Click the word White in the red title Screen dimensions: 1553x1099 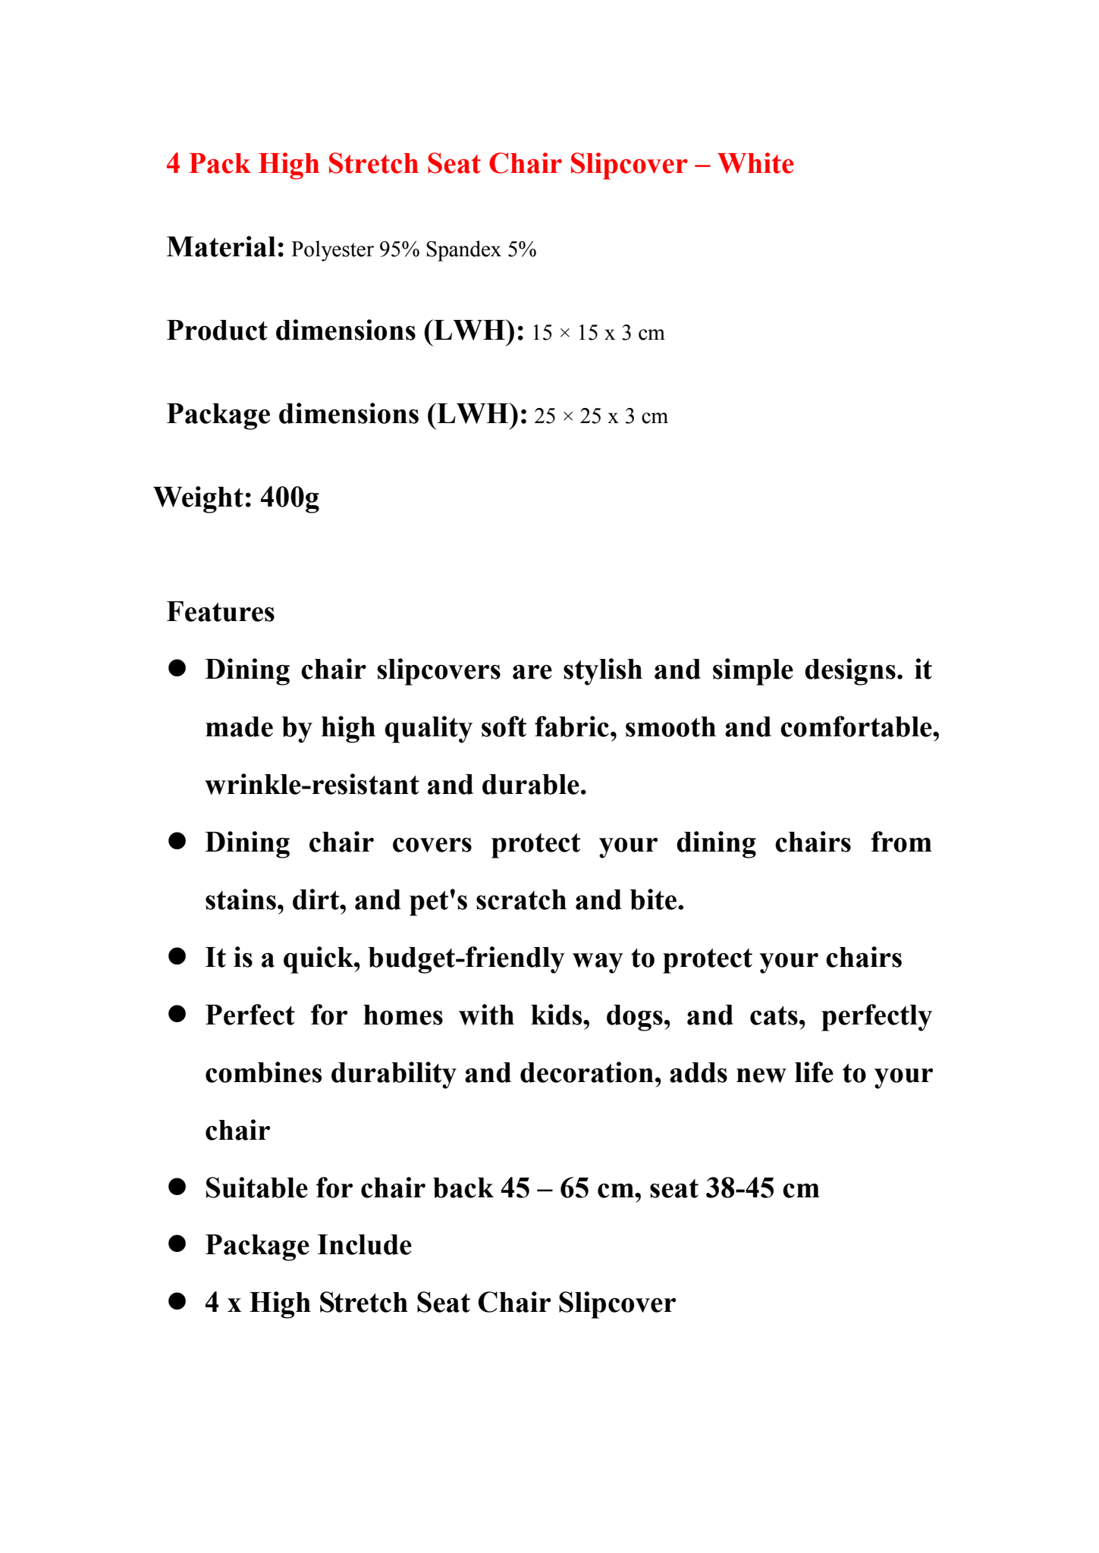(x=755, y=164)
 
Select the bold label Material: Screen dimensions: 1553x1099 (x=225, y=247)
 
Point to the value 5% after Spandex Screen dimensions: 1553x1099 (x=522, y=249)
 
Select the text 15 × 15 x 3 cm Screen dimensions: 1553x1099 (x=598, y=333)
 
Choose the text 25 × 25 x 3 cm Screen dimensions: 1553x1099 (x=601, y=416)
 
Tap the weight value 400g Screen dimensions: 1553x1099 (x=290, y=497)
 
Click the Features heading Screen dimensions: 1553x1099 (x=221, y=612)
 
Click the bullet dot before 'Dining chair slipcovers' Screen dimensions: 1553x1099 (x=177, y=668)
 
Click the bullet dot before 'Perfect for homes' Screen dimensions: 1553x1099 (x=177, y=1014)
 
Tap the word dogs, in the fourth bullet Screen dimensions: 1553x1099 (x=638, y=1015)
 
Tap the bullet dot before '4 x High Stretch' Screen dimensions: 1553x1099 (x=177, y=1302)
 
